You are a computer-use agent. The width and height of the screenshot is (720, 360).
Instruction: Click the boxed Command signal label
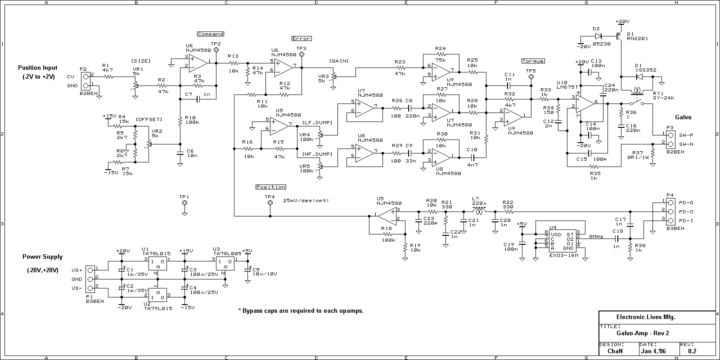click(210, 34)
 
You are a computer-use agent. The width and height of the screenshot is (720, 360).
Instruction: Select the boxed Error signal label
click(301, 39)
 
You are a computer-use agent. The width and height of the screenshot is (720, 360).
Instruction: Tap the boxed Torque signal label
click(533, 61)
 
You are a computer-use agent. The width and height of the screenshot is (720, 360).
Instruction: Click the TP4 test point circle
click(270, 203)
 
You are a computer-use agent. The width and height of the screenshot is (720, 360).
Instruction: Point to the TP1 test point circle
click(184, 203)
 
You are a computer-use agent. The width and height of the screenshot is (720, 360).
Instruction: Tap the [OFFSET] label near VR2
click(148, 119)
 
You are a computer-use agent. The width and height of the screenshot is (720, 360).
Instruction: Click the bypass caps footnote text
click(300, 311)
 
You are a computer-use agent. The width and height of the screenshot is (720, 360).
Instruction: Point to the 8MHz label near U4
click(596, 236)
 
